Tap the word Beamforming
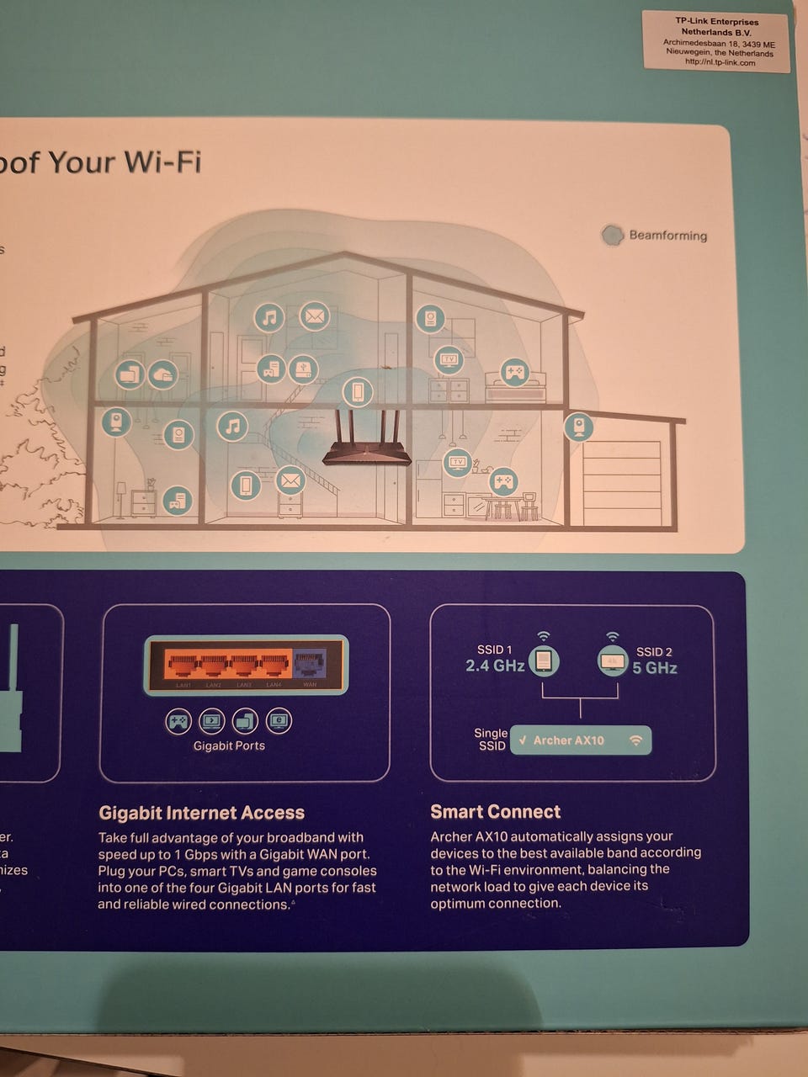pos(667,236)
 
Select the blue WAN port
pos(309,664)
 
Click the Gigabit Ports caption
pos(229,745)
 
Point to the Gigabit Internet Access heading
pos(201,813)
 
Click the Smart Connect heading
pos(495,812)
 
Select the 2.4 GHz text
pos(495,666)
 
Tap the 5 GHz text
pos(655,668)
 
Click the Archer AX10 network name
pos(568,740)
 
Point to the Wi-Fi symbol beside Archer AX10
pos(636,740)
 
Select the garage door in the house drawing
pos(622,483)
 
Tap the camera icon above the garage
pos(579,426)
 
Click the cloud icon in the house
pos(162,374)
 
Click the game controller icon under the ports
pos(178,721)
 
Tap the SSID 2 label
pos(654,651)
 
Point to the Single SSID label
pos(491,740)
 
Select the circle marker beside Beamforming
pos(612,236)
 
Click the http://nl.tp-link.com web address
pos(720,62)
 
